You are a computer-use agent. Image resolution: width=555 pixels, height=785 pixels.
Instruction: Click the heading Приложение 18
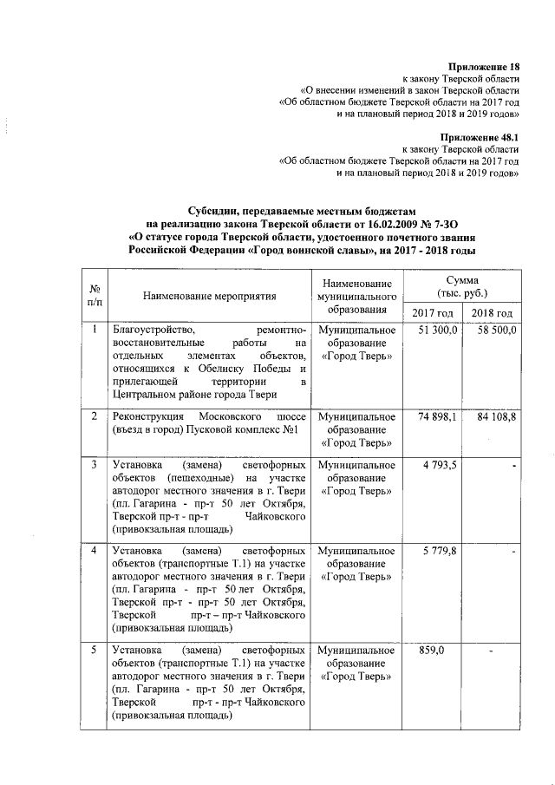click(484, 67)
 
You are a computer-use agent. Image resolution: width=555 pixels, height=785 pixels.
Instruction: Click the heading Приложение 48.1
click(479, 138)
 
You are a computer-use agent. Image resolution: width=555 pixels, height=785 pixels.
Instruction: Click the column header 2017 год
click(432, 313)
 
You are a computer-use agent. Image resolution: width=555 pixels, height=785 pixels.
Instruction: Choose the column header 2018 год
click(492, 313)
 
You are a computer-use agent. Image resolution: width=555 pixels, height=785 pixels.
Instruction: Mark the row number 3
click(94, 466)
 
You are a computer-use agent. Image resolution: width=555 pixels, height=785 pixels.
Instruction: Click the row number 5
click(94, 651)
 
